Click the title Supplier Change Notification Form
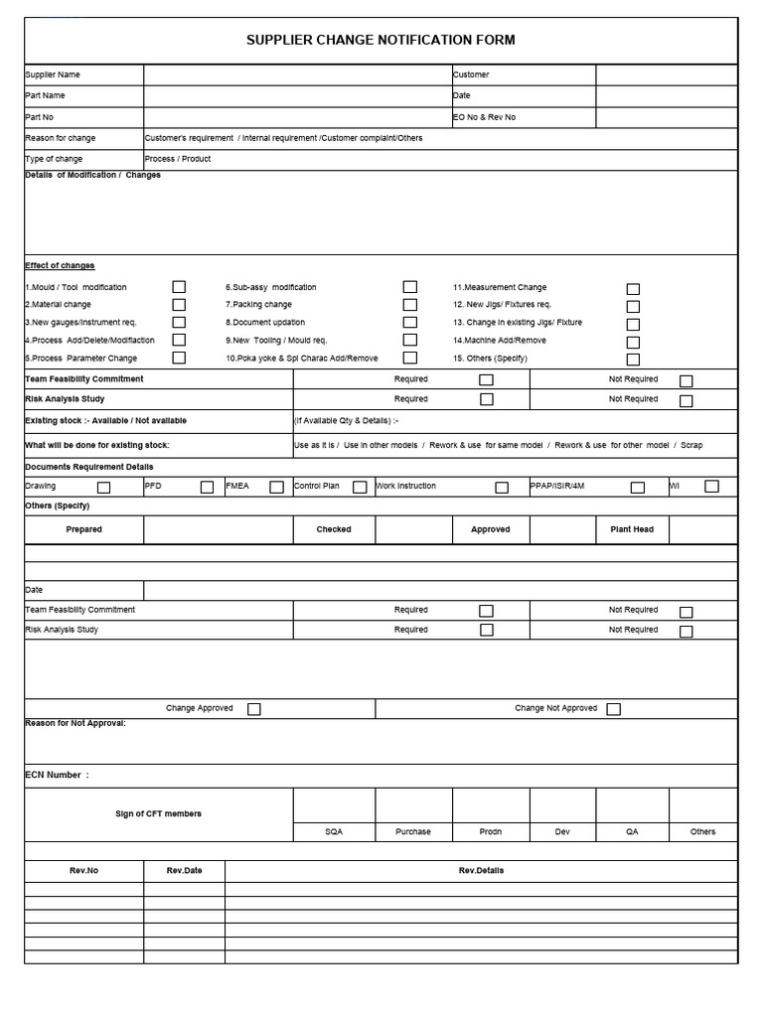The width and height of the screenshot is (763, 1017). point(381,40)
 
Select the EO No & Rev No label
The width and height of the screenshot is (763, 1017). point(484,117)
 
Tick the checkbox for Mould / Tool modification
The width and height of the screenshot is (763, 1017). point(179,287)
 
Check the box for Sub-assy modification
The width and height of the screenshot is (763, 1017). point(409,287)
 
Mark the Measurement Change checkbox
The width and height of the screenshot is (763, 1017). point(633,289)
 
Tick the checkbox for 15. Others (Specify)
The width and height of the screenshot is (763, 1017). point(633,360)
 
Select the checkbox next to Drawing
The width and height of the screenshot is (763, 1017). point(103,488)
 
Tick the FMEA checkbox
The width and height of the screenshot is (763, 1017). point(276,488)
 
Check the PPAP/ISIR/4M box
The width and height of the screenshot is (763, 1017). point(637,488)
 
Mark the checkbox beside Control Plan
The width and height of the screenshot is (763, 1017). point(360,488)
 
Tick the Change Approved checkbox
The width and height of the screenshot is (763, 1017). point(254,709)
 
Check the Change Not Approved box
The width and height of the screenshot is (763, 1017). point(613,709)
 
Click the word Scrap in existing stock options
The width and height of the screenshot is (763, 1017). point(691,445)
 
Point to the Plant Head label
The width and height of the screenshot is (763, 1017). point(631,529)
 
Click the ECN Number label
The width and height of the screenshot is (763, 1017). point(57,775)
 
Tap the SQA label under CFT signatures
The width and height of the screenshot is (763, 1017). point(334,831)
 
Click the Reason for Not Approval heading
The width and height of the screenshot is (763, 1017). point(76,723)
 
